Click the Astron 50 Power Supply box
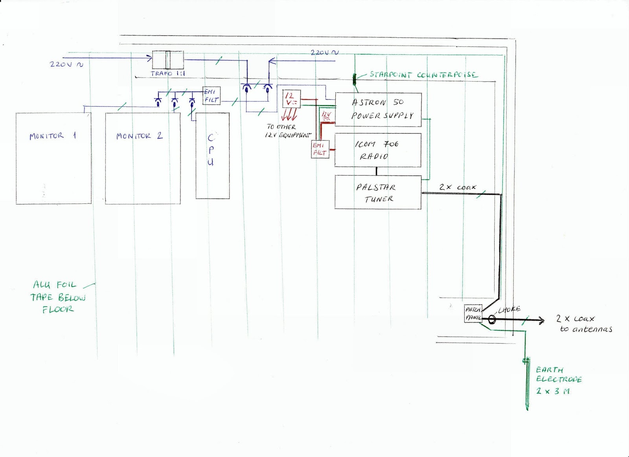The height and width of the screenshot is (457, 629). click(378, 110)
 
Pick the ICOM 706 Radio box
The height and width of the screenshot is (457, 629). click(377, 150)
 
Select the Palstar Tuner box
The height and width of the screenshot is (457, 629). click(377, 192)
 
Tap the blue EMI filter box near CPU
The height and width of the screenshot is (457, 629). click(211, 96)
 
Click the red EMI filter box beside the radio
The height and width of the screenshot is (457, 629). click(320, 149)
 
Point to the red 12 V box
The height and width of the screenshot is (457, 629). click(291, 100)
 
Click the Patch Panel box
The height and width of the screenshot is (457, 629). click(473, 314)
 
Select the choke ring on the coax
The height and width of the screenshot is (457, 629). click(491, 320)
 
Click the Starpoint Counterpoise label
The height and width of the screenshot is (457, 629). click(423, 75)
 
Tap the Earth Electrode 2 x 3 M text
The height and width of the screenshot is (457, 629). click(558, 380)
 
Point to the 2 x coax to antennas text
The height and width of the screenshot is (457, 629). click(583, 324)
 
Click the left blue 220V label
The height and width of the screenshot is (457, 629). click(66, 64)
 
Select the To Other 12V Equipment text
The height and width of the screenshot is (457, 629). click(288, 131)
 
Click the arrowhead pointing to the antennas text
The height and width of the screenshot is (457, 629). click(542, 321)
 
